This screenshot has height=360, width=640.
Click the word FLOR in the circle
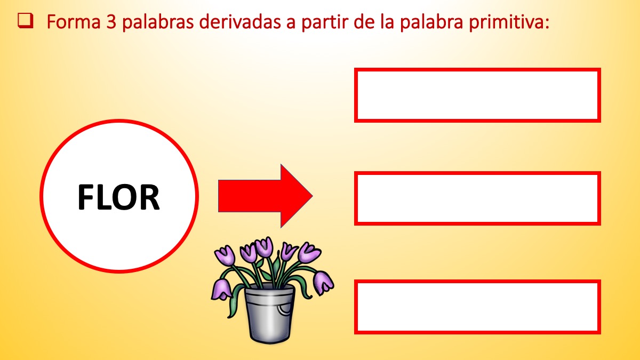tap(118, 197)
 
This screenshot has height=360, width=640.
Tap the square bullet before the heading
tap(26, 21)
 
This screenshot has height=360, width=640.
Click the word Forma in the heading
tap(74, 22)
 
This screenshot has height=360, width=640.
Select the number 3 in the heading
tap(111, 22)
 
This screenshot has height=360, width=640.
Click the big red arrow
tap(266, 196)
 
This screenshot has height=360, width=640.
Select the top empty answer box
tap(477, 95)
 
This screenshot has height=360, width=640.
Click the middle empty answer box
tap(477, 198)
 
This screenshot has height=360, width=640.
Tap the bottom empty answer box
tap(477, 307)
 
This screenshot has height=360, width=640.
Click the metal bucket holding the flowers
tap(269, 313)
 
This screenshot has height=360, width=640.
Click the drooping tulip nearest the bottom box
tap(323, 283)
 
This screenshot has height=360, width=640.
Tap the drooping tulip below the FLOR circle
tap(221, 289)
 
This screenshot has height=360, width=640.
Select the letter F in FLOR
tap(85, 197)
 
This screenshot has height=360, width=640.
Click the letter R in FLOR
tap(149, 197)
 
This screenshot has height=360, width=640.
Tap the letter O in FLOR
tap(124, 197)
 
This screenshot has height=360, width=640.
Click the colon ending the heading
tap(547, 23)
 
